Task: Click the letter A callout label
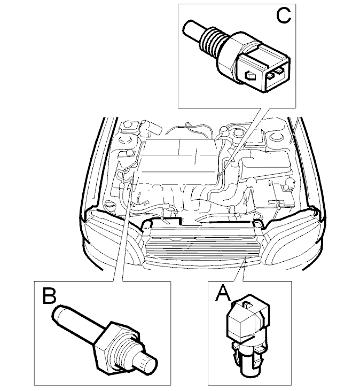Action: tap(223, 293)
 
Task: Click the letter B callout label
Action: tap(49, 296)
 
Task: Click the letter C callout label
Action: tap(284, 15)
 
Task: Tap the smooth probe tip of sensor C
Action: tap(192, 28)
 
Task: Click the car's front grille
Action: tap(202, 248)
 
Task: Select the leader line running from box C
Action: tap(243, 143)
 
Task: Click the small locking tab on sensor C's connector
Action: tap(250, 75)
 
